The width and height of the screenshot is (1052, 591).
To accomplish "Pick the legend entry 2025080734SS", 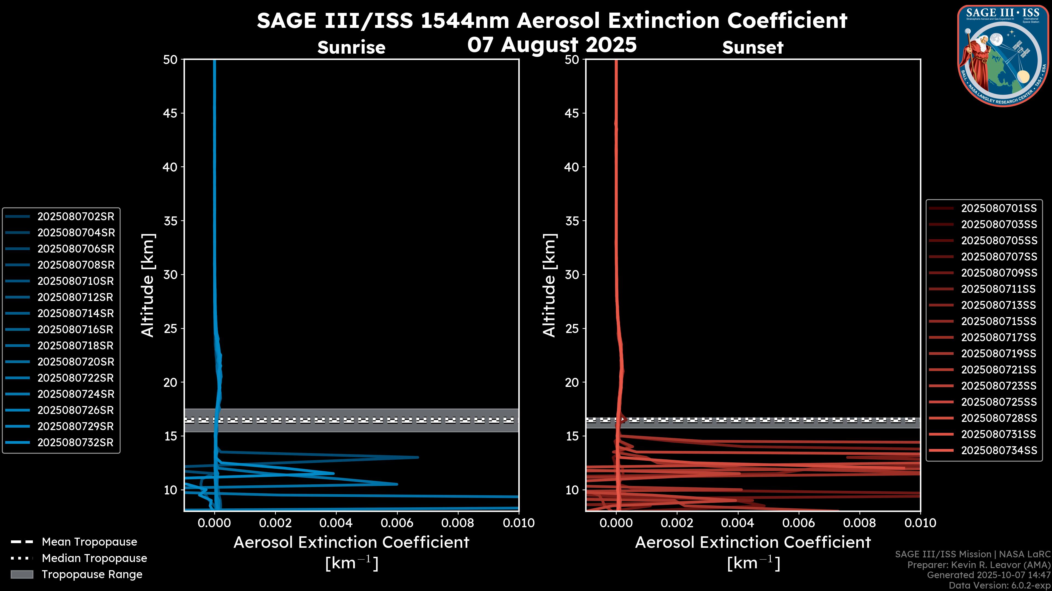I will pos(999,450).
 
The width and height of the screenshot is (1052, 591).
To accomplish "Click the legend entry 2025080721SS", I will pos(999,370).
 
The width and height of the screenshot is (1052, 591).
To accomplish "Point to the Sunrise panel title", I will pos(351,47).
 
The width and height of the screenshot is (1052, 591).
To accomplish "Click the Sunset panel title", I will pos(753,47).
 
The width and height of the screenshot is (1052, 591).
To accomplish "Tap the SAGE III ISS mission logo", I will pos(1004,56).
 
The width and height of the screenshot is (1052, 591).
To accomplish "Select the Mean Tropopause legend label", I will pos(89,542).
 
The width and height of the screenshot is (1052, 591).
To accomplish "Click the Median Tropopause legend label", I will pos(94,558).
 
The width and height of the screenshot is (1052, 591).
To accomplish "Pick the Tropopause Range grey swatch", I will pos(22,574).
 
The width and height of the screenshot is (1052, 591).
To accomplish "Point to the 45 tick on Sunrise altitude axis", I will pos(170,113).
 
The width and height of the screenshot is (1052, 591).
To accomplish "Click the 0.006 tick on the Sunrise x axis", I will pos(396,523).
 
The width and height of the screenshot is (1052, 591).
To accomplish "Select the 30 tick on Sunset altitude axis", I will pos(572,274).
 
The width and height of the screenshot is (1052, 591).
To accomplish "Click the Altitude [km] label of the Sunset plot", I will pos(549,285).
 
